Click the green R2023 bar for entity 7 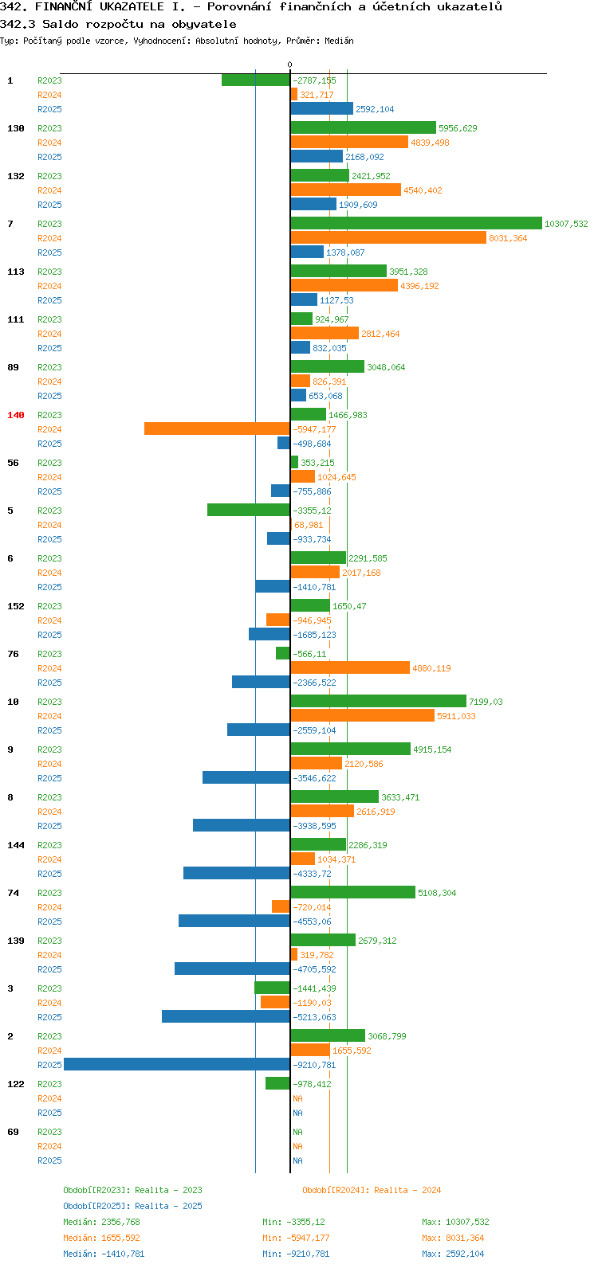[x=416, y=224]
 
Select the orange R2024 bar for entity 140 [x=217, y=429]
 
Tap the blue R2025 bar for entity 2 [x=177, y=1065]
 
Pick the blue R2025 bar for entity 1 [x=322, y=108]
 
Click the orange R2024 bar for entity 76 [x=350, y=668]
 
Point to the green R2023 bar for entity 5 [x=249, y=510]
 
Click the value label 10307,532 [x=566, y=224]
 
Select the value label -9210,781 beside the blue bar [x=315, y=1066]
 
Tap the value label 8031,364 [x=508, y=238]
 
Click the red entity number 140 [x=16, y=415]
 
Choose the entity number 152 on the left [x=16, y=606]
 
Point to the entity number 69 [x=13, y=1132]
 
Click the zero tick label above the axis [x=289, y=65]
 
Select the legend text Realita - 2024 [x=407, y=1190]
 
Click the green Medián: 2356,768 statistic [x=101, y=1222]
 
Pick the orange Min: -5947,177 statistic [x=296, y=1238]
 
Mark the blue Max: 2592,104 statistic [x=453, y=1254]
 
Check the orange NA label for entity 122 [x=297, y=1098]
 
